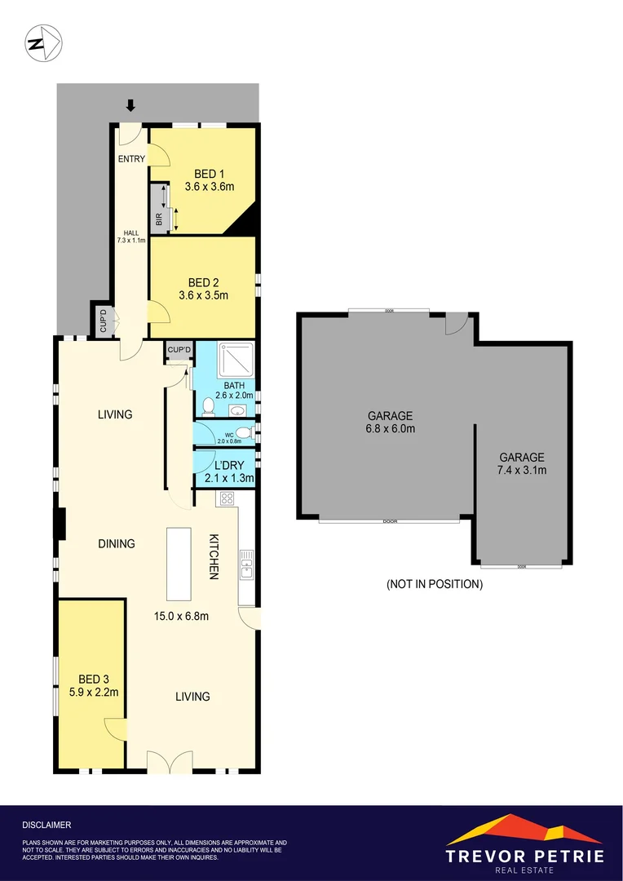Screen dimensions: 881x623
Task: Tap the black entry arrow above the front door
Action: (x=130, y=105)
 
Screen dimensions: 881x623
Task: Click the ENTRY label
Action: (x=131, y=158)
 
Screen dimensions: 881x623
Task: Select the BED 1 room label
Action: (x=206, y=174)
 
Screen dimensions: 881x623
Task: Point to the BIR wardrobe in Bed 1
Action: (x=159, y=208)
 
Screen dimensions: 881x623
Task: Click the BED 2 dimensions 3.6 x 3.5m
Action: (x=203, y=294)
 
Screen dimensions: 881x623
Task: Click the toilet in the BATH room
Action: (x=209, y=405)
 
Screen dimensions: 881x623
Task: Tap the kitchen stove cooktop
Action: (x=226, y=499)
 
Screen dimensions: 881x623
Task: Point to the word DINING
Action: (x=116, y=544)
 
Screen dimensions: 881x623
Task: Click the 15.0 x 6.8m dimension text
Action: (x=182, y=616)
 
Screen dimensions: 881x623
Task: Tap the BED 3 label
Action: (x=94, y=679)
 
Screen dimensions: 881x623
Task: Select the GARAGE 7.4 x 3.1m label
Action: (x=522, y=463)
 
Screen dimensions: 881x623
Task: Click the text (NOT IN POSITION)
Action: (x=434, y=584)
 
